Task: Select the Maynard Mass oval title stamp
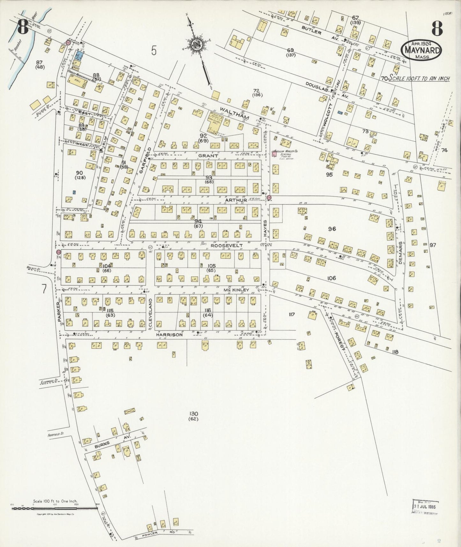pyautogui.click(x=422, y=50)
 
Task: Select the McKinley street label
pyautogui.click(x=236, y=290)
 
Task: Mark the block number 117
pyautogui.click(x=291, y=314)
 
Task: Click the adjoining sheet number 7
pyautogui.click(x=43, y=288)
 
